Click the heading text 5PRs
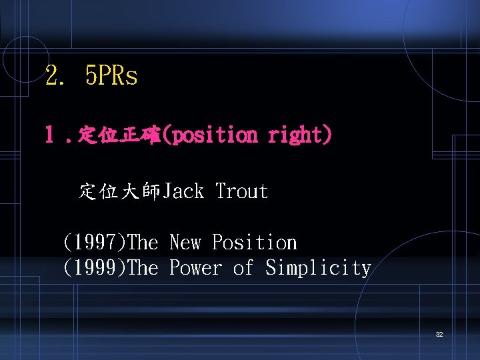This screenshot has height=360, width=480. pyautogui.click(x=111, y=76)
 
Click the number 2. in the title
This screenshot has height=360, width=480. pyautogui.click(x=56, y=76)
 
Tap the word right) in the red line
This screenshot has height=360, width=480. pyautogui.click(x=300, y=135)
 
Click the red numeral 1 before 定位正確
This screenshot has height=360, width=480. pyautogui.click(x=49, y=135)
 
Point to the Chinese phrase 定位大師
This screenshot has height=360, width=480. pyautogui.click(x=120, y=192)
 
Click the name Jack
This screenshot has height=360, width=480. pyautogui.click(x=183, y=192)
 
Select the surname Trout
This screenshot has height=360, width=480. pyautogui.click(x=241, y=192)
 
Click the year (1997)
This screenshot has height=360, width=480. pyautogui.click(x=94, y=243)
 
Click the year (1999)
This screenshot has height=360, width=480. pyautogui.click(x=94, y=268)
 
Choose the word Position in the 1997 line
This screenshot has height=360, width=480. pyautogui.click(x=255, y=243)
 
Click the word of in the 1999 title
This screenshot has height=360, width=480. pyautogui.click(x=243, y=268)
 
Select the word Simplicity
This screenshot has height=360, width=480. pyautogui.click(x=318, y=268)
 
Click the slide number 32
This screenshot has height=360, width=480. pyautogui.click(x=439, y=334)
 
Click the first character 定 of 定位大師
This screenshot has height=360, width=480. pyautogui.click(x=89, y=192)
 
